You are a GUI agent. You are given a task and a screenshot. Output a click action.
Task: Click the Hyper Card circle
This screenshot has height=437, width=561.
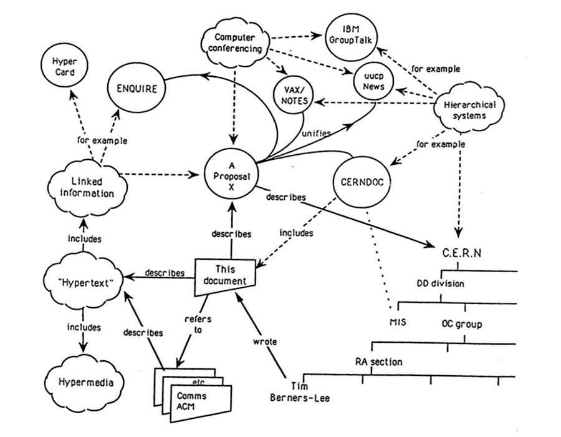pos(64,67)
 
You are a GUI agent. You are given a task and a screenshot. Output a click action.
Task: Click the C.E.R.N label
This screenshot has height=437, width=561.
pos(462,255)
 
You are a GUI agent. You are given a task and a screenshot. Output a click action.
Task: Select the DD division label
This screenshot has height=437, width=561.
pos(441,282)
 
